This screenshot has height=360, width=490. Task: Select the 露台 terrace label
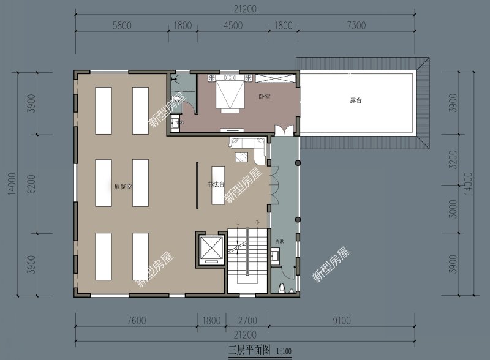(356, 100)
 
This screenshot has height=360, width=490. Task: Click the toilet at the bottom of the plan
(281, 287)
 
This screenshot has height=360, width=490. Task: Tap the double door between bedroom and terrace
(284, 132)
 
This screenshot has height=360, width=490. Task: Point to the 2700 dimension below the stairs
(247, 320)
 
